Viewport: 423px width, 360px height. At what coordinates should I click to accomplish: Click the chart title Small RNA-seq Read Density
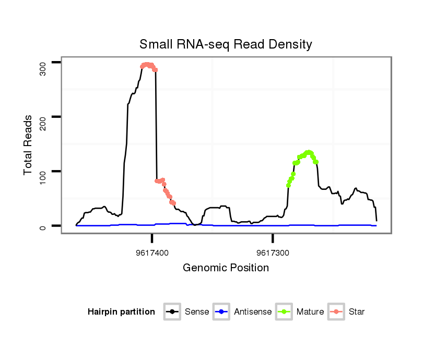(226, 44)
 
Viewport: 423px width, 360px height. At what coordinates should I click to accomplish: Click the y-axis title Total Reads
(29, 145)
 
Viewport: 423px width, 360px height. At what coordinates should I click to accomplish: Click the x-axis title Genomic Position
(226, 268)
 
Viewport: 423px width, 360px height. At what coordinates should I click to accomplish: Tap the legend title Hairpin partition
(121, 312)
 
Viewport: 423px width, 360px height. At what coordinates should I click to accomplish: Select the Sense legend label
(197, 312)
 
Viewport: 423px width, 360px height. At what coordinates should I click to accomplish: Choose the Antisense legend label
(253, 312)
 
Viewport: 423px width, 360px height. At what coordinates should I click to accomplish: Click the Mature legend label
(310, 312)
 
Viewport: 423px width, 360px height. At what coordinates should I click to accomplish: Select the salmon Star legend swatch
(337, 312)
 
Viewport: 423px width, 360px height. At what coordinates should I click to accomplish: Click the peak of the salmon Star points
(148, 64)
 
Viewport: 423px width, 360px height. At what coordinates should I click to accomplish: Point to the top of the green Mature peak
(309, 152)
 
